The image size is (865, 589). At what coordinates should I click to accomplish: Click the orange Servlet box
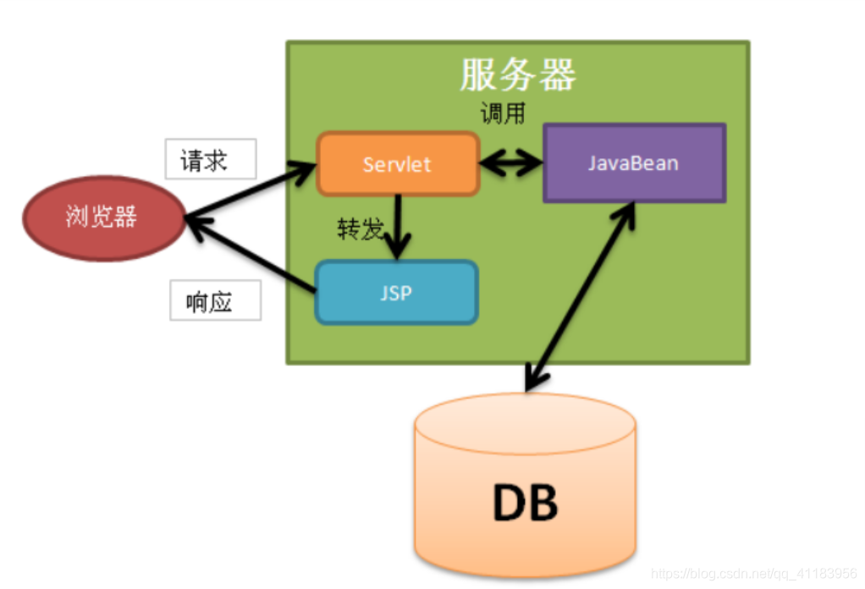click(x=397, y=164)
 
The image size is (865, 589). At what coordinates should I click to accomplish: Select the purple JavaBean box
click(x=633, y=163)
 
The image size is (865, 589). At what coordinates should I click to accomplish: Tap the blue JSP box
click(x=396, y=293)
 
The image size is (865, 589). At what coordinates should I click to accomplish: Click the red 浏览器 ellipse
click(x=102, y=217)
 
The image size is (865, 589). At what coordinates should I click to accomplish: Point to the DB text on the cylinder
click(x=525, y=503)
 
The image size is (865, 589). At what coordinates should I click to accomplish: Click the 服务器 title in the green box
click(x=517, y=75)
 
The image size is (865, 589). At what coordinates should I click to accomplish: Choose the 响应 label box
click(x=215, y=302)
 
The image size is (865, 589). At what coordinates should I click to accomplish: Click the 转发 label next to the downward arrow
click(x=360, y=229)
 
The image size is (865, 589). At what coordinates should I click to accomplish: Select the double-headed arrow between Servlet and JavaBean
click(x=511, y=163)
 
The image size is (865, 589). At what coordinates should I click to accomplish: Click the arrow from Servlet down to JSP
click(x=397, y=224)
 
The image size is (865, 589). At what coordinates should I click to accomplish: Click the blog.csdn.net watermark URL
click(x=753, y=572)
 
